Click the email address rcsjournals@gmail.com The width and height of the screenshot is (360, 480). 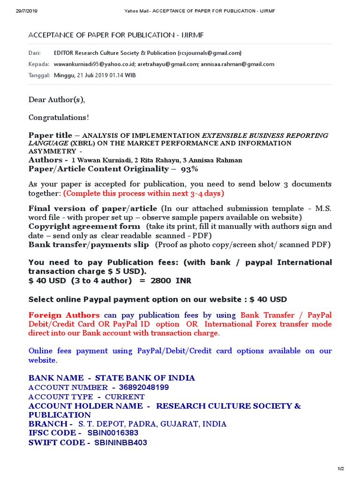[x=210, y=53]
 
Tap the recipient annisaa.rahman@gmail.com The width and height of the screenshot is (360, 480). [x=238, y=64]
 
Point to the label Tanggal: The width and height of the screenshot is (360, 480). [x=39, y=75]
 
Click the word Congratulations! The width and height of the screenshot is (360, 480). [x=59, y=117]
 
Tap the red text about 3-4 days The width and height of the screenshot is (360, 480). [x=143, y=193]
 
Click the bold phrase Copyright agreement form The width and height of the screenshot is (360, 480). [x=84, y=226]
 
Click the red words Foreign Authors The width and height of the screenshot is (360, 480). [x=64, y=315]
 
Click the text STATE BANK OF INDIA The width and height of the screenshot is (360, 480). [x=145, y=378]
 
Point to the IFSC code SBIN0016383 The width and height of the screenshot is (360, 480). [x=113, y=433]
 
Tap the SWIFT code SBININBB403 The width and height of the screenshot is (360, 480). [x=120, y=442]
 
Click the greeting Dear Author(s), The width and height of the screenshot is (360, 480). [x=57, y=100]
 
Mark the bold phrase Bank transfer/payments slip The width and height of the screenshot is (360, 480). [x=89, y=245]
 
